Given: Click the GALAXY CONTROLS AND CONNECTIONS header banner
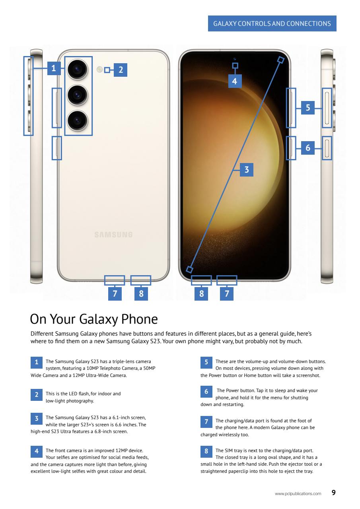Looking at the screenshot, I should pyautogui.click(x=272, y=23).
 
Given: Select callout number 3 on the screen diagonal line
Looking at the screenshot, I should pyautogui.click(x=246, y=170).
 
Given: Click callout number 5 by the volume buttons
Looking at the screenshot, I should pyautogui.click(x=307, y=107).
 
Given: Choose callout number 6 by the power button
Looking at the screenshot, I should pyautogui.click(x=307, y=148).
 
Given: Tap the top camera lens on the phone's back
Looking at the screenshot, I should pyautogui.click(x=78, y=70).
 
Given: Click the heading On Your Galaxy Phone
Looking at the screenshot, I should pyautogui.click(x=94, y=319).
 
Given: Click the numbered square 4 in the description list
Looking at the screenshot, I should pyautogui.click(x=36, y=451).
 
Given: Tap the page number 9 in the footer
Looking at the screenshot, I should pyautogui.click(x=333, y=493).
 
